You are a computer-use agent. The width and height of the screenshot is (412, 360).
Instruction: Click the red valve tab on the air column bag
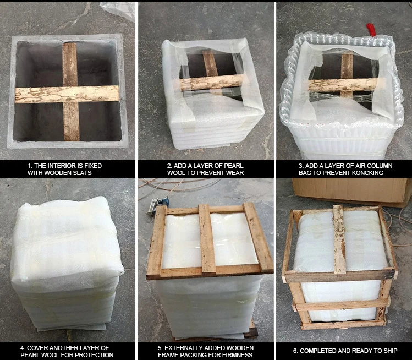tap(371, 30)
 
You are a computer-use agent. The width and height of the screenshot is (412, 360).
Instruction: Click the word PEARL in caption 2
tap(235, 166)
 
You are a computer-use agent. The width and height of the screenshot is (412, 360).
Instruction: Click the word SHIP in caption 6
tap(391, 351)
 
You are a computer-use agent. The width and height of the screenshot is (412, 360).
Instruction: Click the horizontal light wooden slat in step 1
tap(67, 94)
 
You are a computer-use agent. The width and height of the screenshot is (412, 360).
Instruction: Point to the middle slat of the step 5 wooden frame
tap(207, 239)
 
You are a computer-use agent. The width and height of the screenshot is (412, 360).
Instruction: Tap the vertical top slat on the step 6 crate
tap(339, 239)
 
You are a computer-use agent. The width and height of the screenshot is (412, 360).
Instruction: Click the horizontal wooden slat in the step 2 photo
tap(212, 83)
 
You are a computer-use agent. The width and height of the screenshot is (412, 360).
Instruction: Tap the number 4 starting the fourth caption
tap(23, 348)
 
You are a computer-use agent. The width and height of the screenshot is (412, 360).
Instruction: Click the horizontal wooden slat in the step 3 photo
tap(343, 85)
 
